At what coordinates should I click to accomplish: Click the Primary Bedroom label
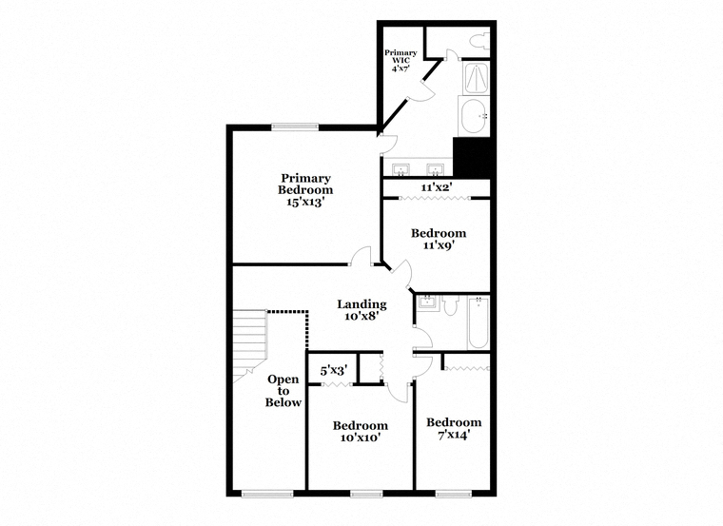point(305,184)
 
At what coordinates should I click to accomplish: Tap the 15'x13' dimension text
point(305,202)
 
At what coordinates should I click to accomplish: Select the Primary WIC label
point(401,56)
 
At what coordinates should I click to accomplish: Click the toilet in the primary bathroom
point(479,41)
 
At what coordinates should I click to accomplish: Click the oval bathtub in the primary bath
point(475,116)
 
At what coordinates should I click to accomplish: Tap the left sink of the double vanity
point(401,169)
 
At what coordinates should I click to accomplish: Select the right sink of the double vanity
point(435,169)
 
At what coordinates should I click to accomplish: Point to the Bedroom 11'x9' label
point(439,239)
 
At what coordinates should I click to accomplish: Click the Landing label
point(361,310)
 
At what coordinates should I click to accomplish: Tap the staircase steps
point(249,341)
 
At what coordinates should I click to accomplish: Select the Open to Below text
point(283,391)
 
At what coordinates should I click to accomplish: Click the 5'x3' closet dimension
point(334,370)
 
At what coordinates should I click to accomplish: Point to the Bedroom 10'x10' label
point(361,431)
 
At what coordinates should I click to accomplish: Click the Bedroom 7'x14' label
point(454,428)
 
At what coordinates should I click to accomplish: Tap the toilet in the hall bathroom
point(450,304)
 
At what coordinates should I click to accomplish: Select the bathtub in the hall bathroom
point(479,322)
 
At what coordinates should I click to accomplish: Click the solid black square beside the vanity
point(471,157)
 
